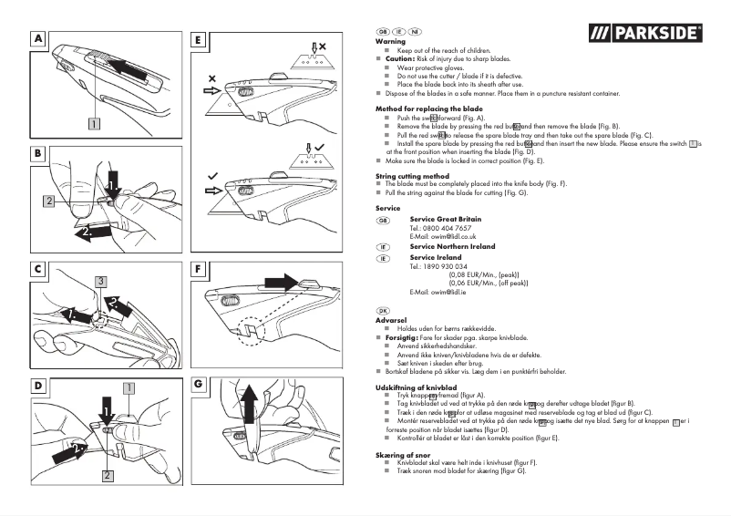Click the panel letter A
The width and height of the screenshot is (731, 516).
(38, 39)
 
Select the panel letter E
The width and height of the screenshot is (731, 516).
(200, 39)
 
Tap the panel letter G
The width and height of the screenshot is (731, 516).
(200, 385)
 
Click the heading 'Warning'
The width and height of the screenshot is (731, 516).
(390, 42)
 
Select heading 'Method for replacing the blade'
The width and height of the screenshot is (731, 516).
(428, 109)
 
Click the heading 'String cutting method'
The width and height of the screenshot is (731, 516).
(412, 176)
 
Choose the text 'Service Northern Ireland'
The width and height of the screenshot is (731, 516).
(452, 247)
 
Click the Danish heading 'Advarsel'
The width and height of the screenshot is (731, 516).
(391, 321)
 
